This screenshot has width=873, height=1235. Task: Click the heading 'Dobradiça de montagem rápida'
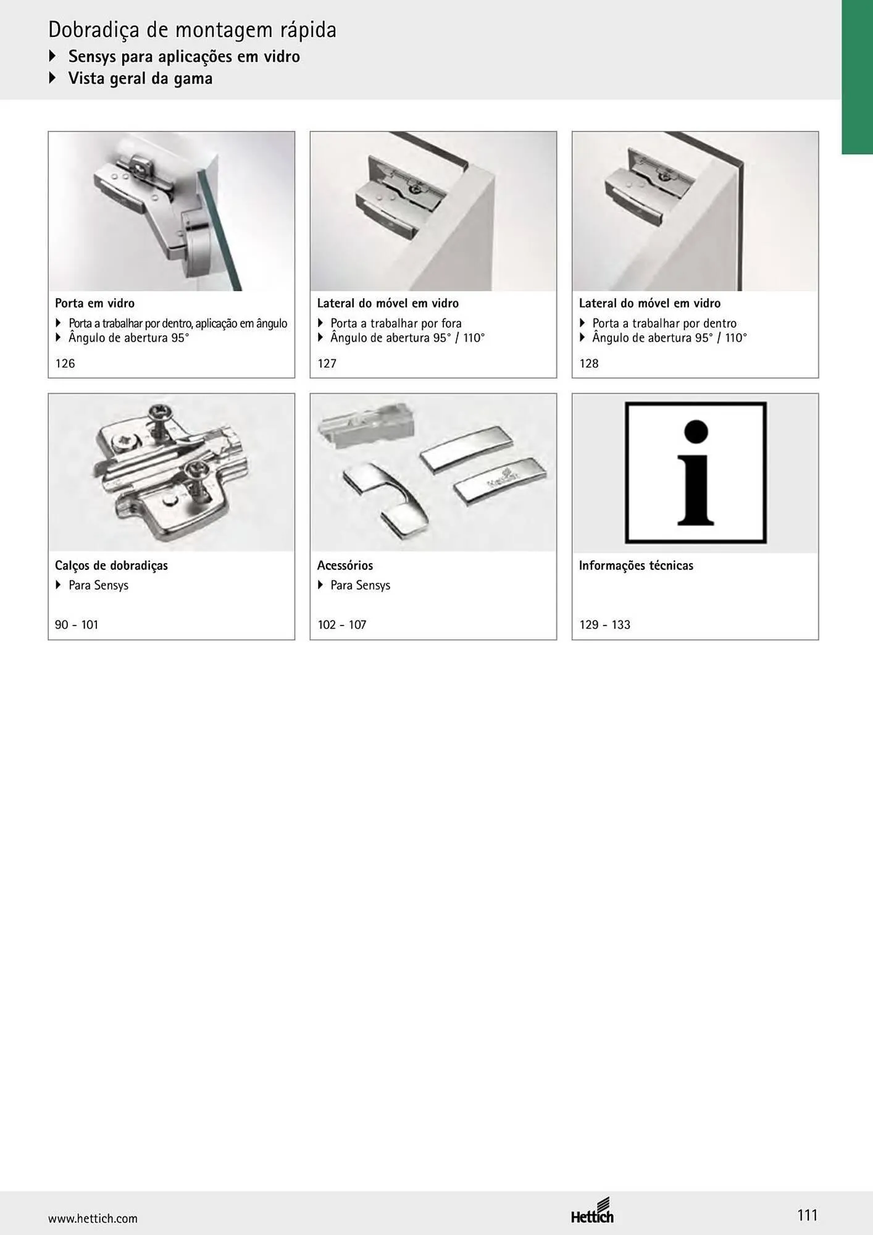coord(193,30)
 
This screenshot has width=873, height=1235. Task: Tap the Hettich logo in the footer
coord(592,1210)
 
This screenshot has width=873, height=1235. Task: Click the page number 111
coord(807,1215)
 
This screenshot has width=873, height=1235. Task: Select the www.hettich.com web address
coord(93,1218)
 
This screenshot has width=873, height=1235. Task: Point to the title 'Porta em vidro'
coord(94,303)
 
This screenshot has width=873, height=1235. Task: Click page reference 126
coord(65,363)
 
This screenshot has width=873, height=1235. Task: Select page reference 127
coord(327,363)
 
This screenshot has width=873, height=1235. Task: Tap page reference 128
coord(588,363)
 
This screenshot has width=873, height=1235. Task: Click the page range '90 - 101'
coord(77,624)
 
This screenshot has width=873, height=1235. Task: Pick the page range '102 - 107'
coord(342,624)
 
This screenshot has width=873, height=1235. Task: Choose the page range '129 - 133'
coord(604,624)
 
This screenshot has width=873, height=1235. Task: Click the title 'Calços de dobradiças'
coord(111,566)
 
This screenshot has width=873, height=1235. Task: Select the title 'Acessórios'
coord(345,565)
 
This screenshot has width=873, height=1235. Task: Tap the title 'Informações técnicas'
coord(636,566)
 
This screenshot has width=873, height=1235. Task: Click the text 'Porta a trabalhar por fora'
coord(396,323)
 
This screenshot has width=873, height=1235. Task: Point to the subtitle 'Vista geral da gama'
coord(140,78)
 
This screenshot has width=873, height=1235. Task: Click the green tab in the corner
coord(857,77)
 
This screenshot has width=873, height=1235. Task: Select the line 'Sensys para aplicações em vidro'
coord(184,57)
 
